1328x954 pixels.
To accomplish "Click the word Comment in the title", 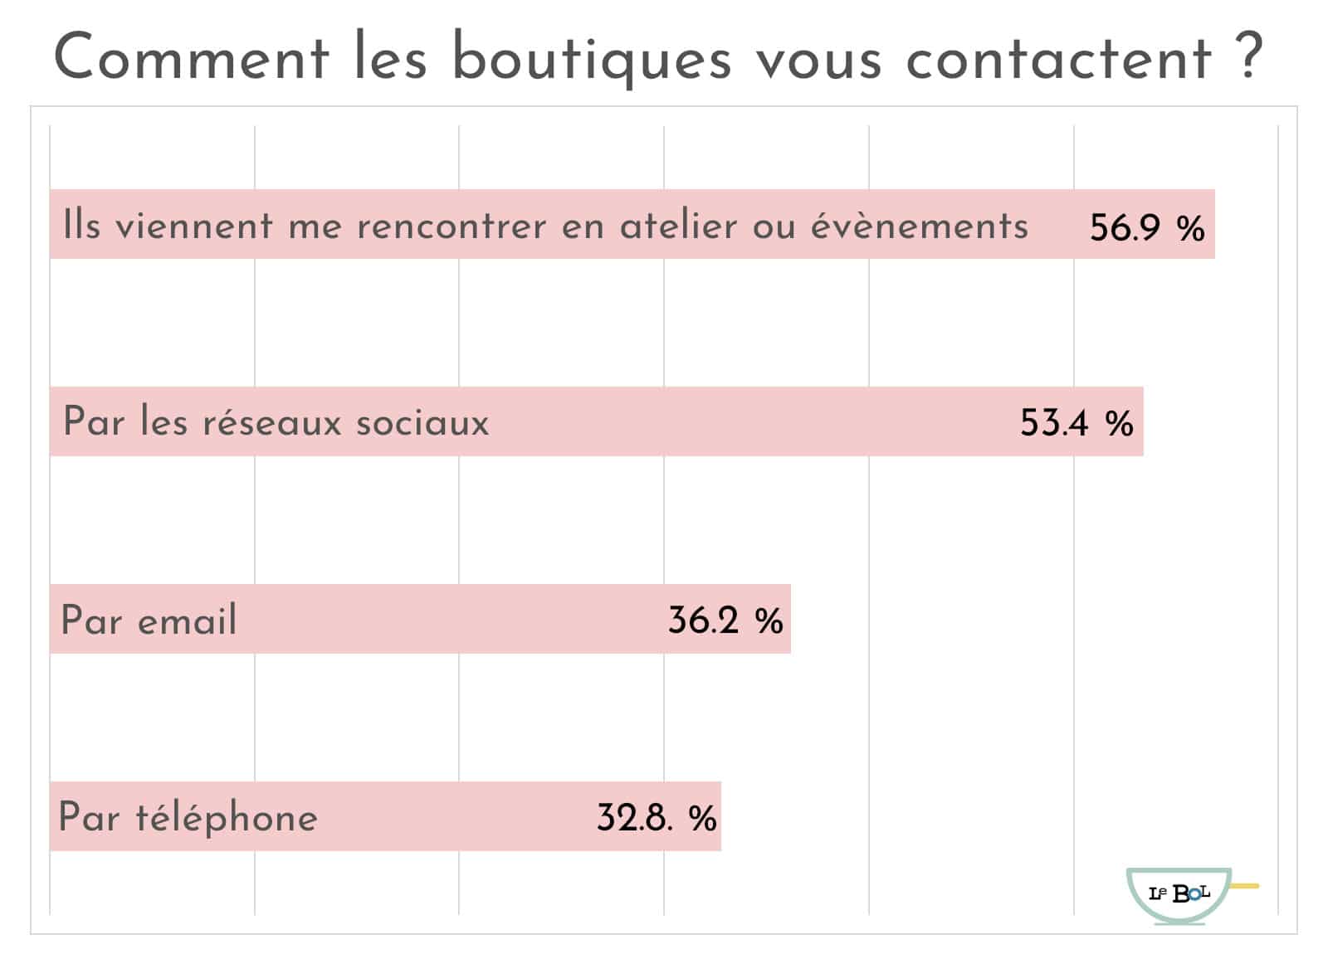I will [191, 58].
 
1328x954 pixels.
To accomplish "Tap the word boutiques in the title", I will [591, 60].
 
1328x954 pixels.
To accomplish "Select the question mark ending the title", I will [1247, 56].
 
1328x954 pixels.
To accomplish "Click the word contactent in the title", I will [1058, 58].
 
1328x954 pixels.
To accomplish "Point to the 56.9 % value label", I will [1146, 226].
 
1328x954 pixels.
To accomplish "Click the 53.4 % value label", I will [1077, 423].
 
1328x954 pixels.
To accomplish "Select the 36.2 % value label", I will [725, 621].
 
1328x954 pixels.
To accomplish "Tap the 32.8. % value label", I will [656, 818].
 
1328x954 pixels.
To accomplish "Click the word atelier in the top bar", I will [678, 226].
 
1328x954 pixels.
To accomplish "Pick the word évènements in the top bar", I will [919, 226].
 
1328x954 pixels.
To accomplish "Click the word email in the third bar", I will [188, 621].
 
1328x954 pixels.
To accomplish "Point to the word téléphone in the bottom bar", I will [227, 818].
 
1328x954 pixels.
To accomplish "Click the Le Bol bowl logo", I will [1179, 895].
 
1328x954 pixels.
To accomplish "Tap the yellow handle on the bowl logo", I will [1245, 886].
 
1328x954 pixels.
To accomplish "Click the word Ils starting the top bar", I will [81, 225].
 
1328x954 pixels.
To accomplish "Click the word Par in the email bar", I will [91, 621].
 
